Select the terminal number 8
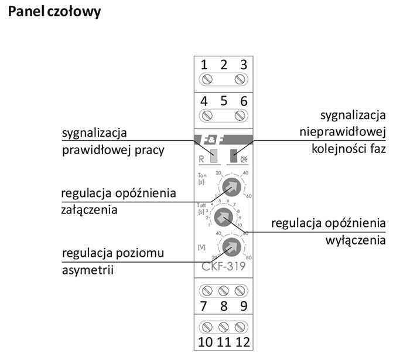[223, 306]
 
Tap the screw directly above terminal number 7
[206, 291]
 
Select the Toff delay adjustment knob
[223, 218]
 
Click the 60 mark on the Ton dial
[249, 196]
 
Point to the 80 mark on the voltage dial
[248, 257]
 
